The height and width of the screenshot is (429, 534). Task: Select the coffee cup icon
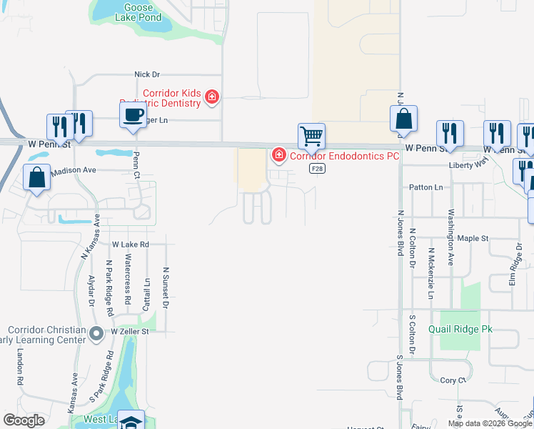(133, 116)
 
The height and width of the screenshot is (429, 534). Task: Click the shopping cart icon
(311, 135)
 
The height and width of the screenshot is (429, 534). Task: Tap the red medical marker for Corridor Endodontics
(278, 154)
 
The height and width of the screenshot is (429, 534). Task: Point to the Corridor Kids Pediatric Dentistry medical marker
(212, 97)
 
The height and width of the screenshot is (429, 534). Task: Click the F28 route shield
(318, 168)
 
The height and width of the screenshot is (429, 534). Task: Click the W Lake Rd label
(129, 245)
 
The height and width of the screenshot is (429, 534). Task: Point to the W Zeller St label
(129, 332)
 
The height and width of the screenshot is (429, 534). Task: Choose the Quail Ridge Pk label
(460, 330)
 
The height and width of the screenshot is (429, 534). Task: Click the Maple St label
(472, 238)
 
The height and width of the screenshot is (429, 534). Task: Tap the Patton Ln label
(425, 187)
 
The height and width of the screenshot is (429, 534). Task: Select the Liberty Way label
(467, 164)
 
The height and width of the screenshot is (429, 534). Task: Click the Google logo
(24, 420)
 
